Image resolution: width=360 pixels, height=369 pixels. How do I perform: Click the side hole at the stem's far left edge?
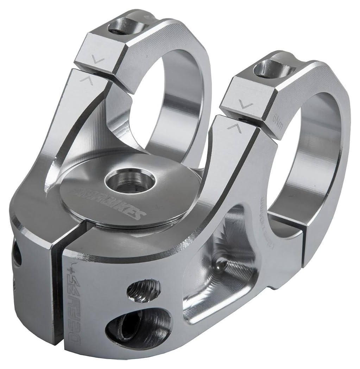coord(16,253)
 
